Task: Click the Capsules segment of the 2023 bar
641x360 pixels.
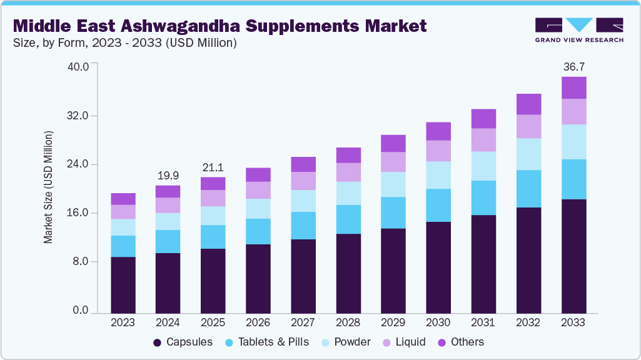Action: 123,284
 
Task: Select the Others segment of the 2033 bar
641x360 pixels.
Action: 573,87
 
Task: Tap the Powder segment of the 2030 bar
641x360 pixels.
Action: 438,175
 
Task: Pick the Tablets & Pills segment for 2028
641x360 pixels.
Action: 348,219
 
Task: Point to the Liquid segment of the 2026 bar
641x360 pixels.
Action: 258,190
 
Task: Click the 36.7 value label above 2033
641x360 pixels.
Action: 573,66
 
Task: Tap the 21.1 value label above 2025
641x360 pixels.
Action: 213,167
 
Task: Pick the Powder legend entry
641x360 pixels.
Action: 346,342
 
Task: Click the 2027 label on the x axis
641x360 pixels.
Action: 303,322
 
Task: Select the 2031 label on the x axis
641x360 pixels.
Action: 483,322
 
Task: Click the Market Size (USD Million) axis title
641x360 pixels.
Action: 48,187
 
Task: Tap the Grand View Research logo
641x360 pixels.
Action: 578,30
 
